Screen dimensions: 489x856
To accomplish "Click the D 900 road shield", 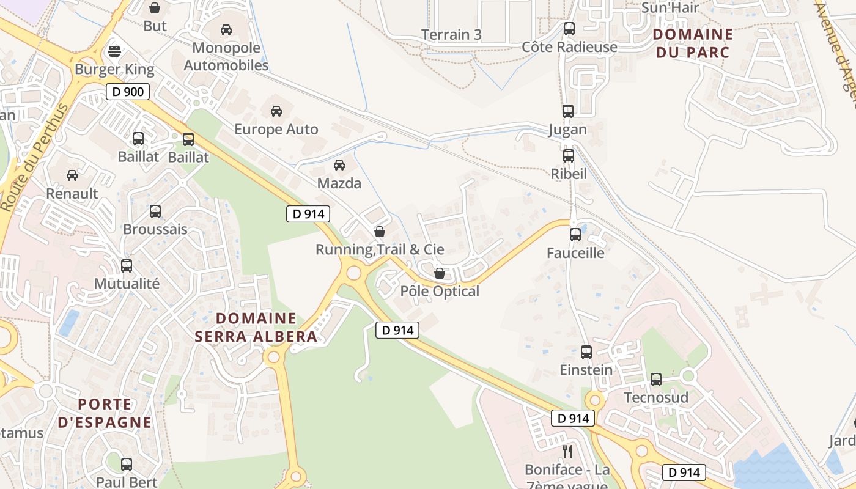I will (128, 92).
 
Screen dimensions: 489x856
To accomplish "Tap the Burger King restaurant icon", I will (114, 51).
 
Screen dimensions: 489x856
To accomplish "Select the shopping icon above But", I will (155, 8).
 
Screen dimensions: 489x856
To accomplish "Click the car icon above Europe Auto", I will (276, 111).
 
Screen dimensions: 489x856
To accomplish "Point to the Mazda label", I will (339, 183).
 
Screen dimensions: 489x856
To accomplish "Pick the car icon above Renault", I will (72, 175).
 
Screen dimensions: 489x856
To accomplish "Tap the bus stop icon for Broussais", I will (155, 211).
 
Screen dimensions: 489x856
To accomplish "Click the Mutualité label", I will (127, 284).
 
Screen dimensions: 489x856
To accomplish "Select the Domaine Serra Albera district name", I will (256, 327).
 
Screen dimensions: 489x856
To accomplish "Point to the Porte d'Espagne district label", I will (105, 413).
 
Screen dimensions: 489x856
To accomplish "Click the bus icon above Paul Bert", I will (127, 464).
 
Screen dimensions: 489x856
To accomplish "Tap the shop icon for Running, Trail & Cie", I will (380, 232).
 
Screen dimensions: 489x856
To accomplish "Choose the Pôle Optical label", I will (440, 291).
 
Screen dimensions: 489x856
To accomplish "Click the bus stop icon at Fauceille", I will (575, 234).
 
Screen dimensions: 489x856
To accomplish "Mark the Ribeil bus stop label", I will (569, 174).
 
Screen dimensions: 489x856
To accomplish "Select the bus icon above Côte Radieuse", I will (569, 28).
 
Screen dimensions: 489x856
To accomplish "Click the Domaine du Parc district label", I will (693, 43).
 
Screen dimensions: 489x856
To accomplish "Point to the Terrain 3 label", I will (452, 35).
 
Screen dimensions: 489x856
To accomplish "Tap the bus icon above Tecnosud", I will (656, 380).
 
